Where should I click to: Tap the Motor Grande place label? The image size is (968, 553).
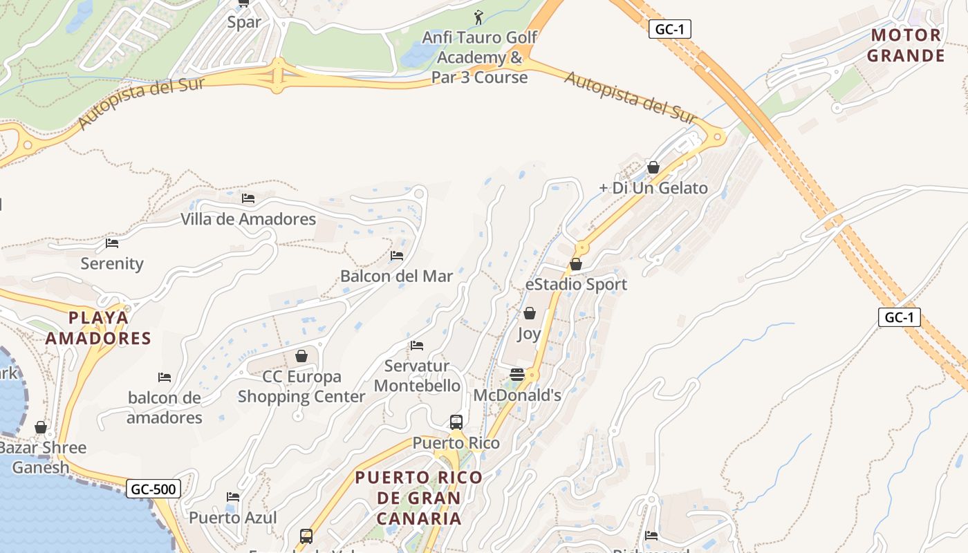pyautogui.click(x=906, y=46)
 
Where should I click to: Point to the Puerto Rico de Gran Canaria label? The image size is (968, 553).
pyautogui.click(x=418, y=498)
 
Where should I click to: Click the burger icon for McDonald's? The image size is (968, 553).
pyautogui.click(x=517, y=375)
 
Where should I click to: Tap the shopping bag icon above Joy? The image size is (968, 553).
pyautogui.click(x=530, y=314)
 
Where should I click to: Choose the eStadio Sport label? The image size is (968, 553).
pyautogui.click(x=576, y=284)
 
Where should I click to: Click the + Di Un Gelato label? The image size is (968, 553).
pyautogui.click(x=653, y=188)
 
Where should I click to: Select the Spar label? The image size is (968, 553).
pyautogui.click(x=245, y=22)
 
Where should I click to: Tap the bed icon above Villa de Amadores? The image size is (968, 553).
pyautogui.click(x=248, y=198)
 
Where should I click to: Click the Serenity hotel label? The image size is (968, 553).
pyautogui.click(x=112, y=263)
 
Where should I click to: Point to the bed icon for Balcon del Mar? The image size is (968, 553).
pyautogui.click(x=397, y=255)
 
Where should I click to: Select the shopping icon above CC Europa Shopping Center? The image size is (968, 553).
pyautogui.click(x=301, y=356)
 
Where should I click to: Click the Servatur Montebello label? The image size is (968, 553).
pyautogui.click(x=418, y=375)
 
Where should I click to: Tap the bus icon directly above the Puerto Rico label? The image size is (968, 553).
pyautogui.click(x=456, y=422)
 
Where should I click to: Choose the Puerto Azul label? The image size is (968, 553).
pyautogui.click(x=233, y=518)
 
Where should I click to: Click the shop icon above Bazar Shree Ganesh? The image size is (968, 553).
pyautogui.click(x=41, y=427)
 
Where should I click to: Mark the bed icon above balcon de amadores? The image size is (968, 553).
pyautogui.click(x=165, y=377)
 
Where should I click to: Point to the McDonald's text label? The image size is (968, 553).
pyautogui.click(x=517, y=395)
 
